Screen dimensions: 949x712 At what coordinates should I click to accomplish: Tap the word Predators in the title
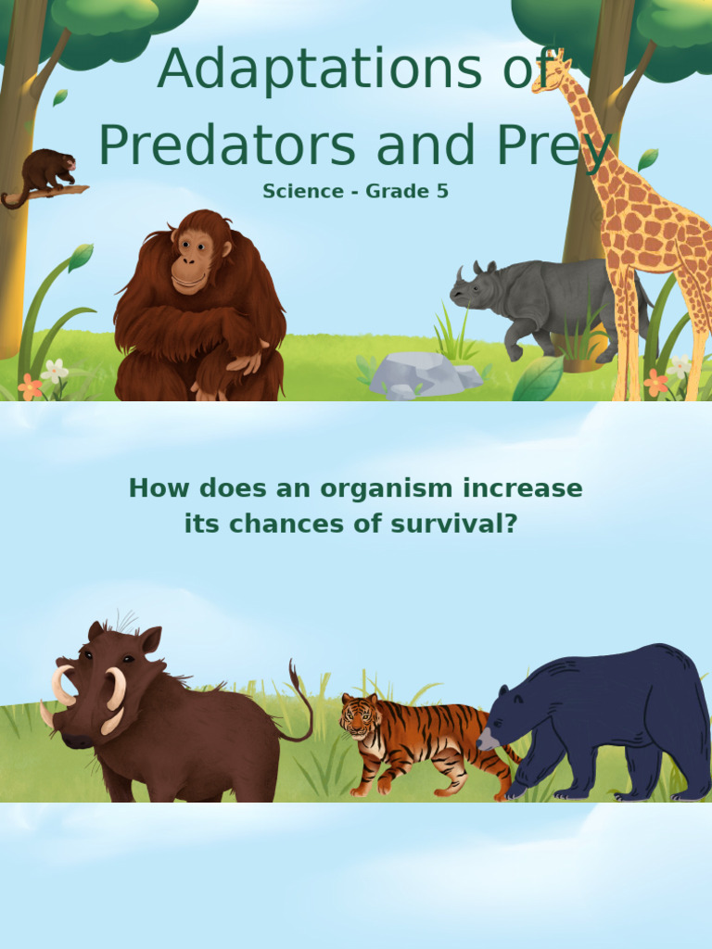point(227,146)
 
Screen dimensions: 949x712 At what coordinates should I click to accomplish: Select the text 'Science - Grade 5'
point(355,192)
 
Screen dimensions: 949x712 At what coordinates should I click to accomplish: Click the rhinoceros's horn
point(459,275)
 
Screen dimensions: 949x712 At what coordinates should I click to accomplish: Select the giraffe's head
point(549,76)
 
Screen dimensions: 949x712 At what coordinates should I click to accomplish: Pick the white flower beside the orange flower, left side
point(55,370)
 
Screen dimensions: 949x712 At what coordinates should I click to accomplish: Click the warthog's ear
point(148,639)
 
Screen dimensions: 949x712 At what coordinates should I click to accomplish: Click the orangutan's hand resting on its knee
point(244,361)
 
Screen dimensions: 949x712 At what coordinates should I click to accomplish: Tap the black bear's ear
point(503,691)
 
